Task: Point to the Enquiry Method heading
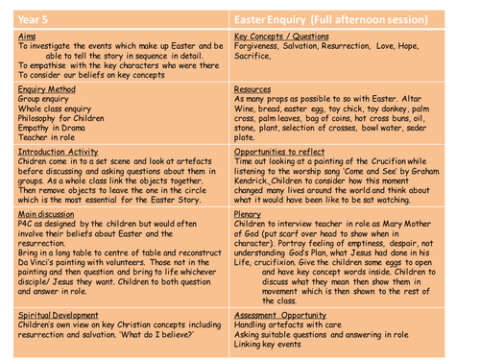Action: click(46, 87)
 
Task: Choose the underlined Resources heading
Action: click(252, 87)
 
